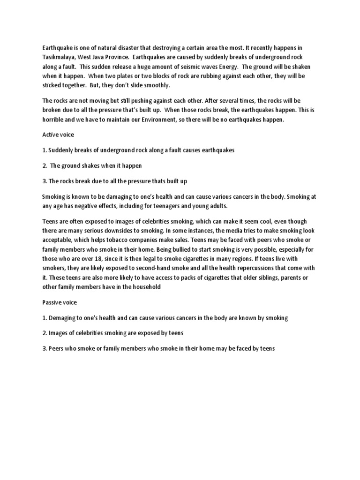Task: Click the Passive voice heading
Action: pyautogui.click(x=60, y=303)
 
